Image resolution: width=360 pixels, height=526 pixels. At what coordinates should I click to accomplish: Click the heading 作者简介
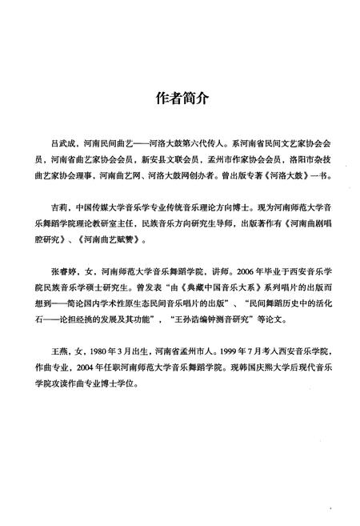[x=179, y=98]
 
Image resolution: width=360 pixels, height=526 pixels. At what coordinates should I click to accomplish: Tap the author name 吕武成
[x=62, y=143]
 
